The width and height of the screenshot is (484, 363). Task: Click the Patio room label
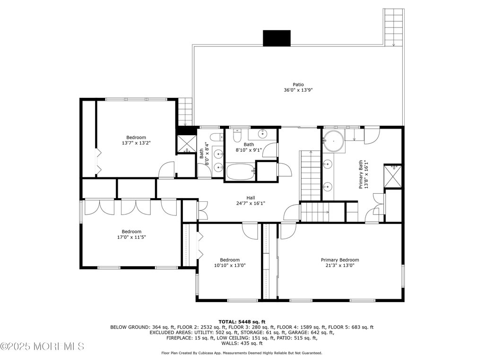[x=298, y=85]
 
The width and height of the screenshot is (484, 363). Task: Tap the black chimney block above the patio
[x=277, y=38]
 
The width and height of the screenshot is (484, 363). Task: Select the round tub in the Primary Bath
[x=334, y=141]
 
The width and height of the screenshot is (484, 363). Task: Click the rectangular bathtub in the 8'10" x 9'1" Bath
[x=241, y=172]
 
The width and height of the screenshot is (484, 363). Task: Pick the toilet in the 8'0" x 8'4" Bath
[x=215, y=138]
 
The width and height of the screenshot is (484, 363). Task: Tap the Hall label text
[x=251, y=198]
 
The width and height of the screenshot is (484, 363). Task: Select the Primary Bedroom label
[x=340, y=260]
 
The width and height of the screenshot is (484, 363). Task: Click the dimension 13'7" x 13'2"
[x=136, y=142]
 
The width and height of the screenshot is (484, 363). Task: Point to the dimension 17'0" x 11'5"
[x=131, y=237]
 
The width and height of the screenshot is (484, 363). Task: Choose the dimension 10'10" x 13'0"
[x=229, y=266]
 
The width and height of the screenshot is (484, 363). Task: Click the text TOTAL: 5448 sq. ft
[x=242, y=321]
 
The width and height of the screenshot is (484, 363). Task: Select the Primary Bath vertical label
[x=363, y=174]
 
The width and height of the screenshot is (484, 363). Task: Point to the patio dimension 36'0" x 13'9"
[x=298, y=90]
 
